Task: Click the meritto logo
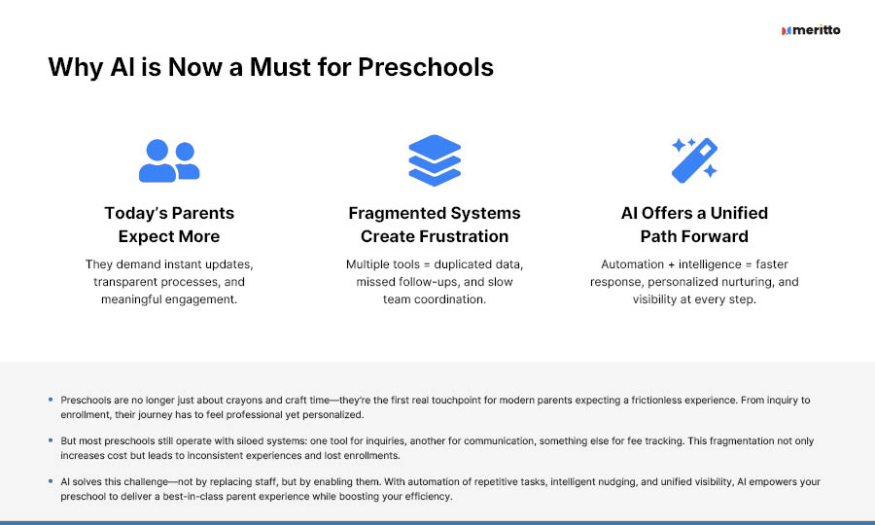coord(811,30)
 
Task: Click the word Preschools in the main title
coord(426,67)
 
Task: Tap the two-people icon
coord(169,160)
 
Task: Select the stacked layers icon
coord(435,160)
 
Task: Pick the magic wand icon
coord(694,160)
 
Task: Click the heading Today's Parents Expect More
coord(169,225)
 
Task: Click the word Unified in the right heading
coord(739,213)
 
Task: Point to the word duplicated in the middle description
coord(477,263)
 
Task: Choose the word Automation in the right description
coord(632,263)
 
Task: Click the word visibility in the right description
coord(654,299)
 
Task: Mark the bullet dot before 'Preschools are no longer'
coord(51,400)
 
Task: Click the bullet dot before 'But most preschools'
coord(51,440)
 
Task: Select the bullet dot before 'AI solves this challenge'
coord(51,481)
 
